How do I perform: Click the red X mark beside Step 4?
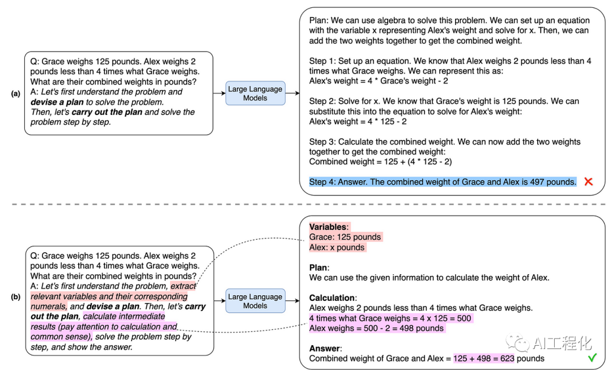pos(588,182)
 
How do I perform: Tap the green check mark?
pos(592,358)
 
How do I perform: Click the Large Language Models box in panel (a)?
pos(255,93)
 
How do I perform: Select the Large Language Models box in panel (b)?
pos(255,301)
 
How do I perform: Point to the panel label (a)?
pos(16,93)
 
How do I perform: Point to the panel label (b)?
pos(16,296)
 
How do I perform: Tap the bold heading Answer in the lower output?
pos(324,348)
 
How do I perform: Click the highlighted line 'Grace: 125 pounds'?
pos(345,237)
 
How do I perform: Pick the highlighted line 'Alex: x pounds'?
pos(337,247)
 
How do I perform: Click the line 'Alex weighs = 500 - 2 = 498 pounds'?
pos(377,328)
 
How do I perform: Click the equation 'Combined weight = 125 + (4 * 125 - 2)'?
pos(380,161)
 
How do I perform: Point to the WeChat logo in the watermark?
pos(517,342)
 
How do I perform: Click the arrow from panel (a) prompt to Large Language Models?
pos(219,93)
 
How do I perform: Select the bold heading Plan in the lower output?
pos(319,267)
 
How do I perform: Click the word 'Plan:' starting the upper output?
pos(320,20)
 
